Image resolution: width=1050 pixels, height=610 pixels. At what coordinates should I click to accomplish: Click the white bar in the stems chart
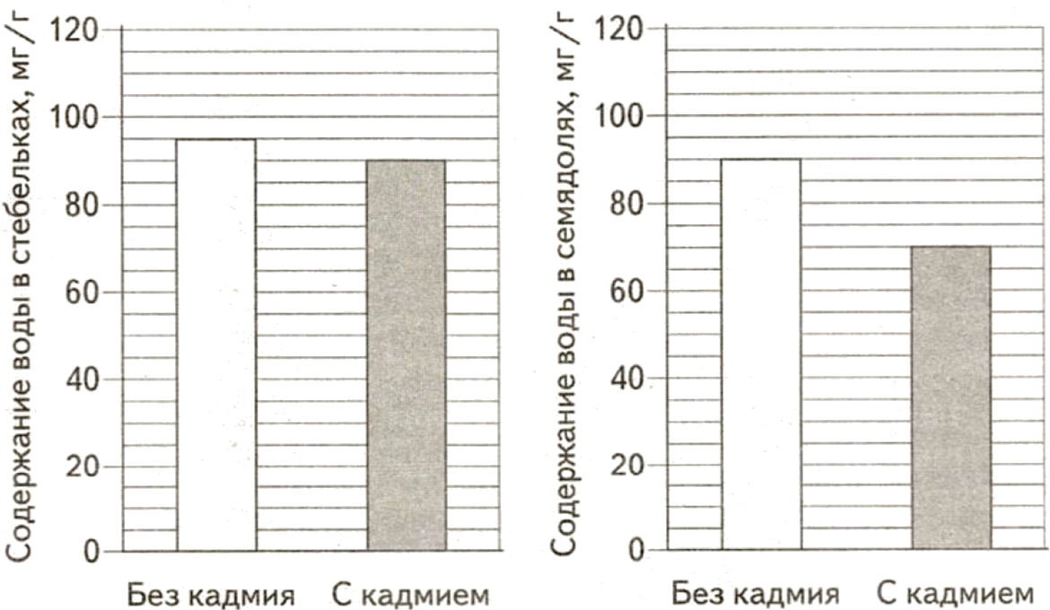pyautogui.click(x=216, y=345)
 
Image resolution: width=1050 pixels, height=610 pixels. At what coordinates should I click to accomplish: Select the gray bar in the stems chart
pyautogui.click(x=407, y=355)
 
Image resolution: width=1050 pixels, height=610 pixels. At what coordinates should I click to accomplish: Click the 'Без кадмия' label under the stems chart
pyautogui.click(x=212, y=594)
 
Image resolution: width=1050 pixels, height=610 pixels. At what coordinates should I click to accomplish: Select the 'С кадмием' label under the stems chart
pyautogui.click(x=410, y=594)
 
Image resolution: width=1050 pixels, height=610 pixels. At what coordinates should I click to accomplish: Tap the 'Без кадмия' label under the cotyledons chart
pyautogui.click(x=757, y=594)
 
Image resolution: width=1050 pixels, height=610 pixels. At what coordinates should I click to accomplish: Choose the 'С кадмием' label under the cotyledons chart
pyautogui.click(x=952, y=594)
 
